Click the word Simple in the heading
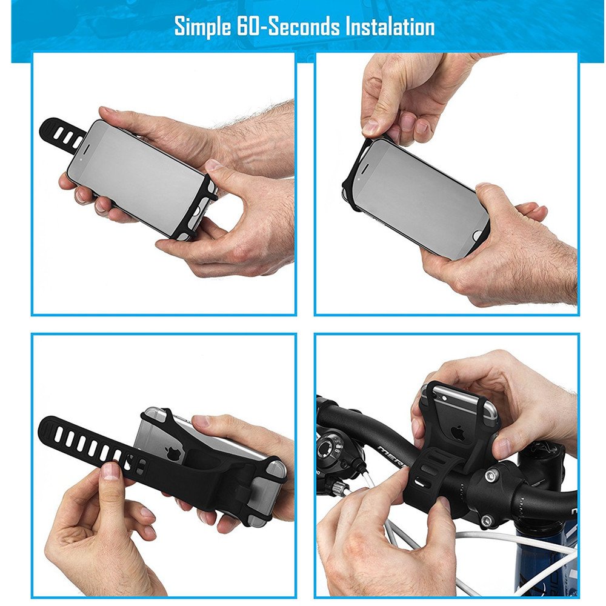click(x=202, y=27)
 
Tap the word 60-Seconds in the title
click(x=288, y=26)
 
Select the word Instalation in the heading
click(x=390, y=26)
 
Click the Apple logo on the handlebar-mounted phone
click(x=458, y=433)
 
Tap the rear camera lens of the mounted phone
click(x=444, y=398)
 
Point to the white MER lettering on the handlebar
click(x=391, y=456)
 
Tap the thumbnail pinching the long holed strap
click(x=110, y=471)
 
